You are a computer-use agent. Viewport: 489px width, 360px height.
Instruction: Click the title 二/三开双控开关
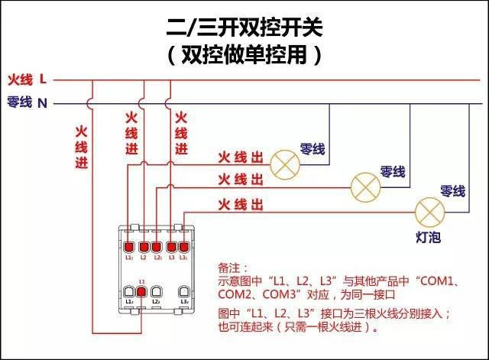244,28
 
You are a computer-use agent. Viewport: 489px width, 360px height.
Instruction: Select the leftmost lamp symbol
287,162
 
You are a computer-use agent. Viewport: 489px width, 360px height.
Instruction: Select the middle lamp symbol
365,185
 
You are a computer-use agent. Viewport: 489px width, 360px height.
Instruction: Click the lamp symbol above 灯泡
429,209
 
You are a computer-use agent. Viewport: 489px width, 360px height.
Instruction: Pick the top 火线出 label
241,157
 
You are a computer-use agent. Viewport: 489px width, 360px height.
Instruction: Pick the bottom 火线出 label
241,204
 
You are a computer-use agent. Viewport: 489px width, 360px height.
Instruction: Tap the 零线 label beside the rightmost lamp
452,190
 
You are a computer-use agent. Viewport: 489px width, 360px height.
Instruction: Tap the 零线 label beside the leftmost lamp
313,149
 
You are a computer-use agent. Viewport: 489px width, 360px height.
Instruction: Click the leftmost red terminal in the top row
128,246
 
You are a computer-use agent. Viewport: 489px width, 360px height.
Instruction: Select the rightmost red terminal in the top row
183,246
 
